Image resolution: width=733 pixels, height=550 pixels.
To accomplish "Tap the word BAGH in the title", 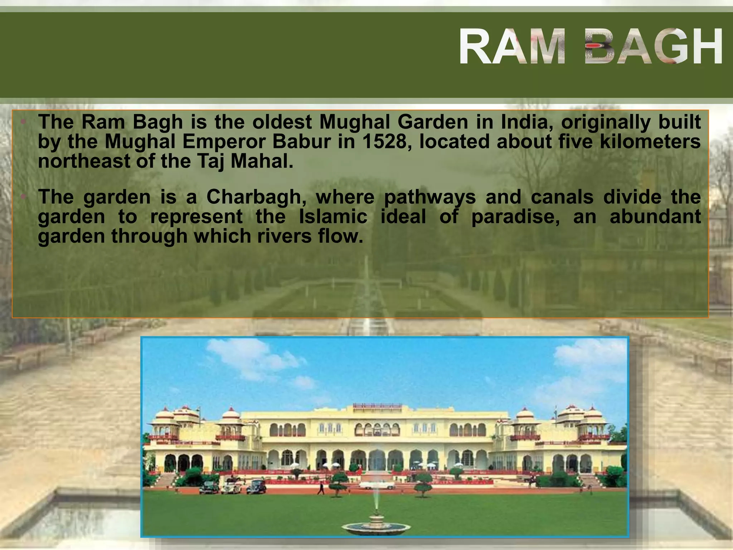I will tap(654, 47).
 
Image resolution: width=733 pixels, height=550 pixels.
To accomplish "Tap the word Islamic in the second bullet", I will tap(333, 217).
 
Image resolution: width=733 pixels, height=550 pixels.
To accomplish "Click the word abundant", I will tap(655, 217).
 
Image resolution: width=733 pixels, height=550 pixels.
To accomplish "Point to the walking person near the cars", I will tap(321, 488).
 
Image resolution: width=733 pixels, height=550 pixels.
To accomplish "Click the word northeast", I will tap(84, 161).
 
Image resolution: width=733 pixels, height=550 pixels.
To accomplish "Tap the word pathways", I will tap(430, 197).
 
